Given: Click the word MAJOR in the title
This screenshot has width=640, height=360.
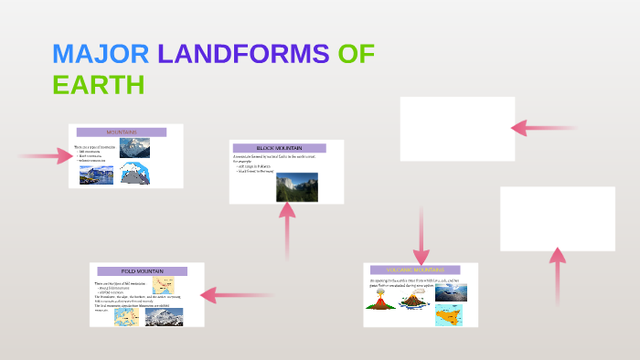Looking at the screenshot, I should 101,54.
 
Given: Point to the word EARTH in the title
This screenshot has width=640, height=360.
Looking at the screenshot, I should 99,85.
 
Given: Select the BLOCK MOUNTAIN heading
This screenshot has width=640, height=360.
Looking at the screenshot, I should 279,148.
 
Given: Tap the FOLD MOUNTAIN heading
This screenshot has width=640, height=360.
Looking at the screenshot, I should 142,271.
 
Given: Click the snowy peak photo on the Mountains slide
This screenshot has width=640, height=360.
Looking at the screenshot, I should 134,148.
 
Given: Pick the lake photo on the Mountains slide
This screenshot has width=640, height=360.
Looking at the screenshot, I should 96,175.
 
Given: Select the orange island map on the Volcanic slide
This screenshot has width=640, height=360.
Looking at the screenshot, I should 448,314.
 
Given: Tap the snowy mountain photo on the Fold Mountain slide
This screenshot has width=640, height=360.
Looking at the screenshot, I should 164,316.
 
